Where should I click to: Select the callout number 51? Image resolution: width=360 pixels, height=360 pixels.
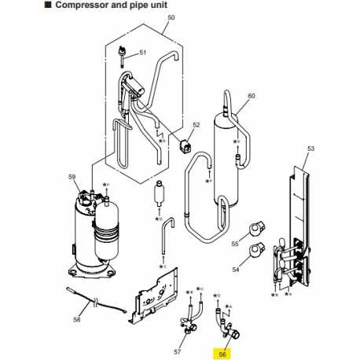coord(142,53)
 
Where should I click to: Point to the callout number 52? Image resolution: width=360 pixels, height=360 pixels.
coord(197,125)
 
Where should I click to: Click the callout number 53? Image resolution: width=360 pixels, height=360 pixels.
coord(310,149)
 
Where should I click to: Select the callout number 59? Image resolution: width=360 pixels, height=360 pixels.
coord(73,177)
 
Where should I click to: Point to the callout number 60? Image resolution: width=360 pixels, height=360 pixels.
coord(252,97)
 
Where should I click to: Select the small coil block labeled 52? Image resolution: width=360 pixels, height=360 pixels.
coord(186,145)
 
